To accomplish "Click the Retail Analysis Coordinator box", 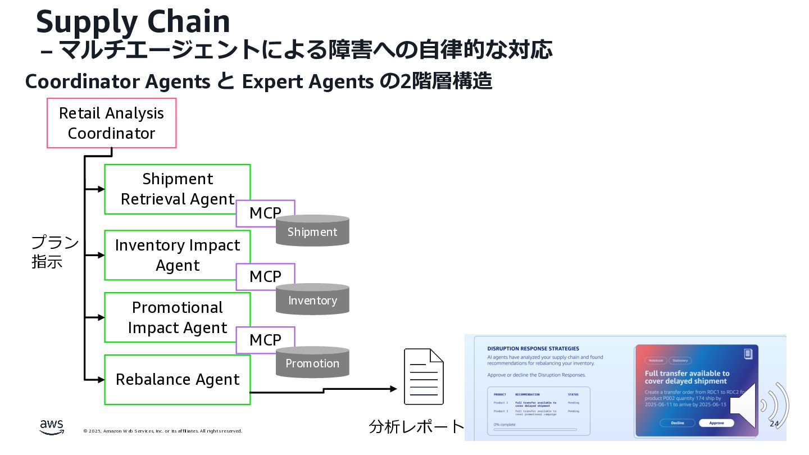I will (x=111, y=123).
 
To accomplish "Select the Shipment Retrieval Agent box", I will (x=169, y=189).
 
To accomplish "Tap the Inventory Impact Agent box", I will (x=169, y=255).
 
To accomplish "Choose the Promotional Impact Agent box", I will (x=169, y=317).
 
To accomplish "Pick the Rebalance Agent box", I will (x=177, y=380).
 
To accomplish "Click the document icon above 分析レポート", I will (x=424, y=376).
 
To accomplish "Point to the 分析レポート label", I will (x=416, y=427).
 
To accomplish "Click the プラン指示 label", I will (x=54, y=252).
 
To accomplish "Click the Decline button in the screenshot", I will (x=678, y=423).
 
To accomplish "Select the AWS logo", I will (x=52, y=427).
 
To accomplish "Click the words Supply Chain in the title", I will (x=133, y=22).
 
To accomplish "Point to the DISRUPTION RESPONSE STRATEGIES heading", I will (x=533, y=348).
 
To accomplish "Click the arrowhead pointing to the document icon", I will (x=393, y=389).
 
